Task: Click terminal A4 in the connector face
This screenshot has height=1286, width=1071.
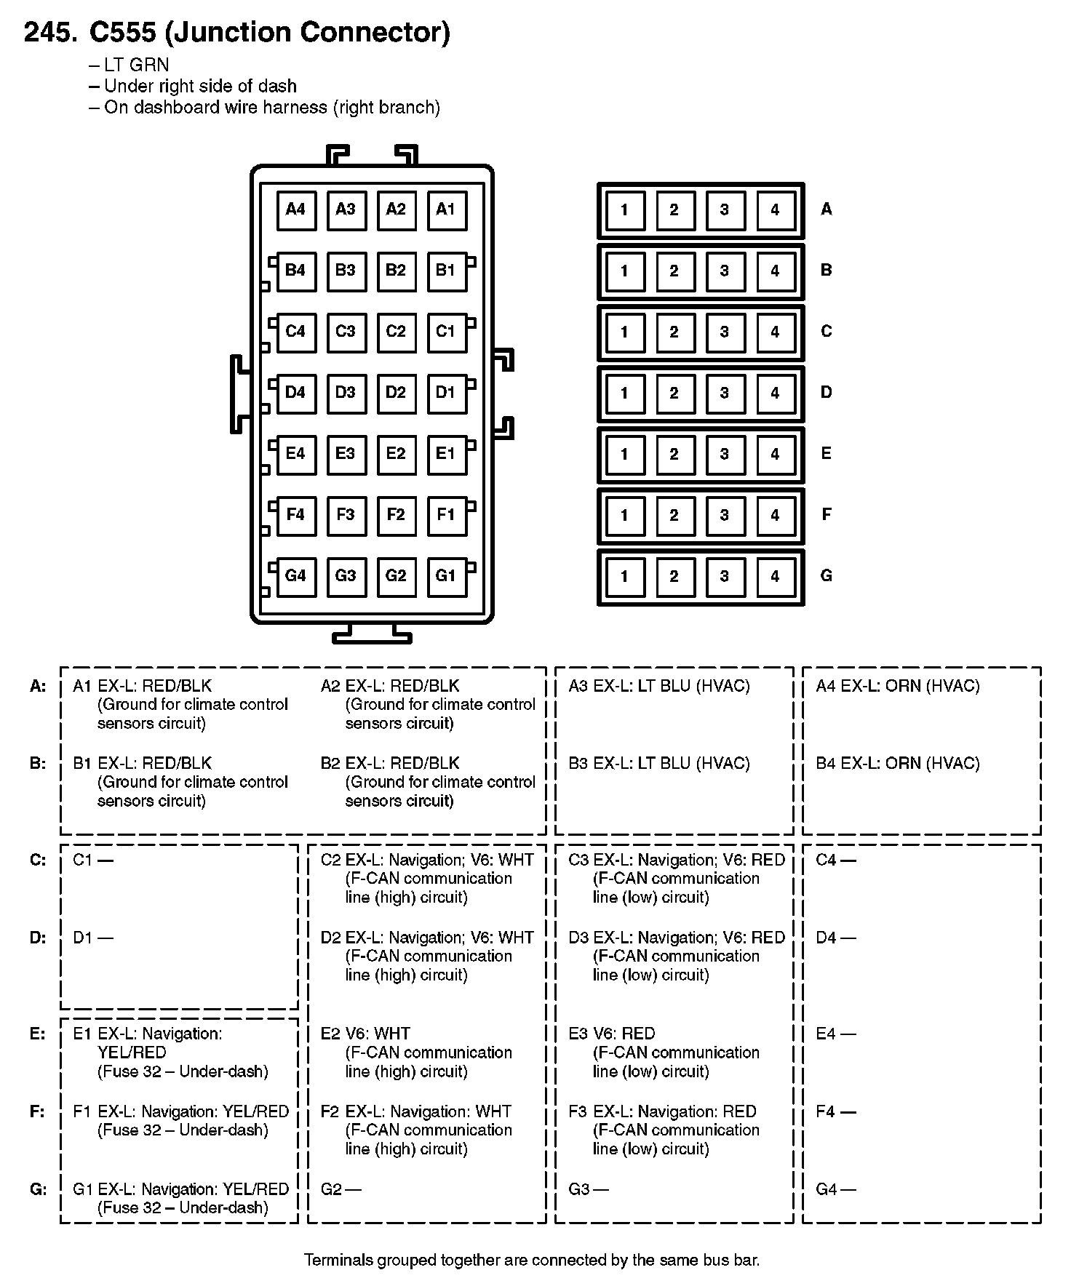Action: point(296,210)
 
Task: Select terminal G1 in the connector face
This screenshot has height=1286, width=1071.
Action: point(446,577)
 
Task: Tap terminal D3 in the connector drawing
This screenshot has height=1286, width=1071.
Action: point(346,394)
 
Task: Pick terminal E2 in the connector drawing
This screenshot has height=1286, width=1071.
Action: point(396,455)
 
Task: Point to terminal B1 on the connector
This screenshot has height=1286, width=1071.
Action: point(446,271)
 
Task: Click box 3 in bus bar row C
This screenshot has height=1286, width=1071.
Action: point(725,332)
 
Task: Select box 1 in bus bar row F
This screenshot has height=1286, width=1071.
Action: point(624,516)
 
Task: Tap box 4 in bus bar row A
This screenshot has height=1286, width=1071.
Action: point(775,210)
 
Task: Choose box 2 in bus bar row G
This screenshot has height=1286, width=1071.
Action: point(674,577)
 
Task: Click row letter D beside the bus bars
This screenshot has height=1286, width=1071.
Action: point(827,393)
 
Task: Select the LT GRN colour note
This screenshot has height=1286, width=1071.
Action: point(136,65)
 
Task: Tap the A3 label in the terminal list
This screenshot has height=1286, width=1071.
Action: point(578,686)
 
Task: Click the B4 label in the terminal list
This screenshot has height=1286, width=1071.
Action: point(826,764)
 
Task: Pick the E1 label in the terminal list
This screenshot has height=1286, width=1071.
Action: point(83,1034)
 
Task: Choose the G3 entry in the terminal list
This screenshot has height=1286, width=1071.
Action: point(579,1189)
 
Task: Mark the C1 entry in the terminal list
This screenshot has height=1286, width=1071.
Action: point(83,860)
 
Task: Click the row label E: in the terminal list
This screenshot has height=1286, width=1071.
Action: point(38,1034)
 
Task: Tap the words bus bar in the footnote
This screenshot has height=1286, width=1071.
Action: point(728,1260)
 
